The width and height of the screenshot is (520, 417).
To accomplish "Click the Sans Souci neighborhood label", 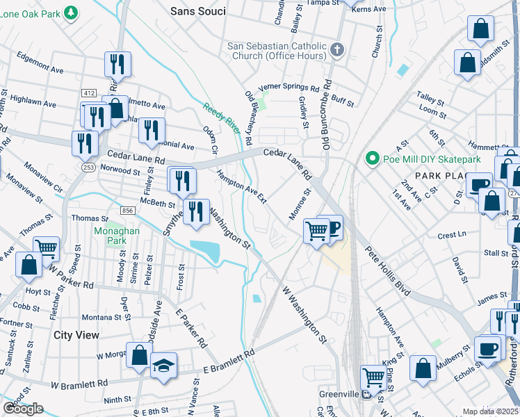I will coord(198,11).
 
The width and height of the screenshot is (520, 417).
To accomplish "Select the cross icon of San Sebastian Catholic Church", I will coord(337,49).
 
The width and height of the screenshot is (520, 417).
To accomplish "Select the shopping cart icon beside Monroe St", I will coord(316,229).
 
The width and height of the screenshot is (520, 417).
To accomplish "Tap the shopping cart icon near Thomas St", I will coord(46,247).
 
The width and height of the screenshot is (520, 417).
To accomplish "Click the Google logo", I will coord(23,409).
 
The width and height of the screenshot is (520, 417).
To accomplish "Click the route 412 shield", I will coord(88,93).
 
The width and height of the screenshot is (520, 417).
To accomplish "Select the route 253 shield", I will coord(88,167).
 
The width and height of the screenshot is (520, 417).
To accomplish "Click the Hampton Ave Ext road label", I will coord(241,187).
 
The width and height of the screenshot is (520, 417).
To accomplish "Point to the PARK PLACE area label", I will coord(439,176).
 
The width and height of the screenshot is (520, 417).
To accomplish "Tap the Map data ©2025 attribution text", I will coord(490,411).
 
